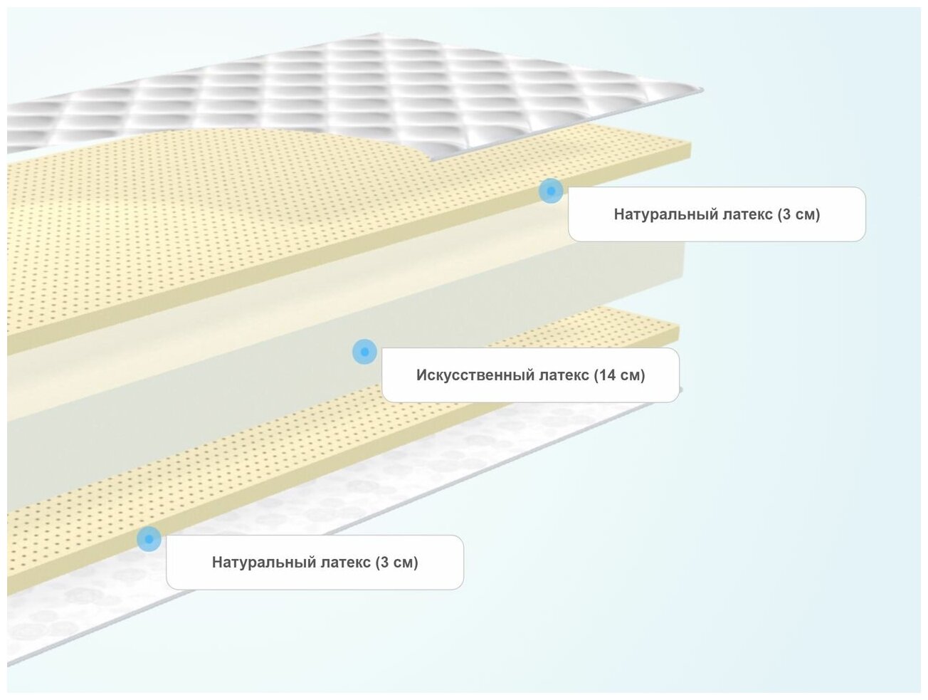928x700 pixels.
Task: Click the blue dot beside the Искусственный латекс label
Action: click(x=364, y=352)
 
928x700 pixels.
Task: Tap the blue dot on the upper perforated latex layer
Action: click(x=550, y=191)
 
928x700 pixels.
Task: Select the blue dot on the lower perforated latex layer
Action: click(x=149, y=539)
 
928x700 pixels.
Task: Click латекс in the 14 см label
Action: click(x=555, y=375)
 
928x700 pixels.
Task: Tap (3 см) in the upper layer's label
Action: click(x=798, y=214)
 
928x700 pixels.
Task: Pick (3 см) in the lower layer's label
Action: click(x=396, y=563)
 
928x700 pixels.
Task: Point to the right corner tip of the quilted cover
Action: click(x=700, y=90)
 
